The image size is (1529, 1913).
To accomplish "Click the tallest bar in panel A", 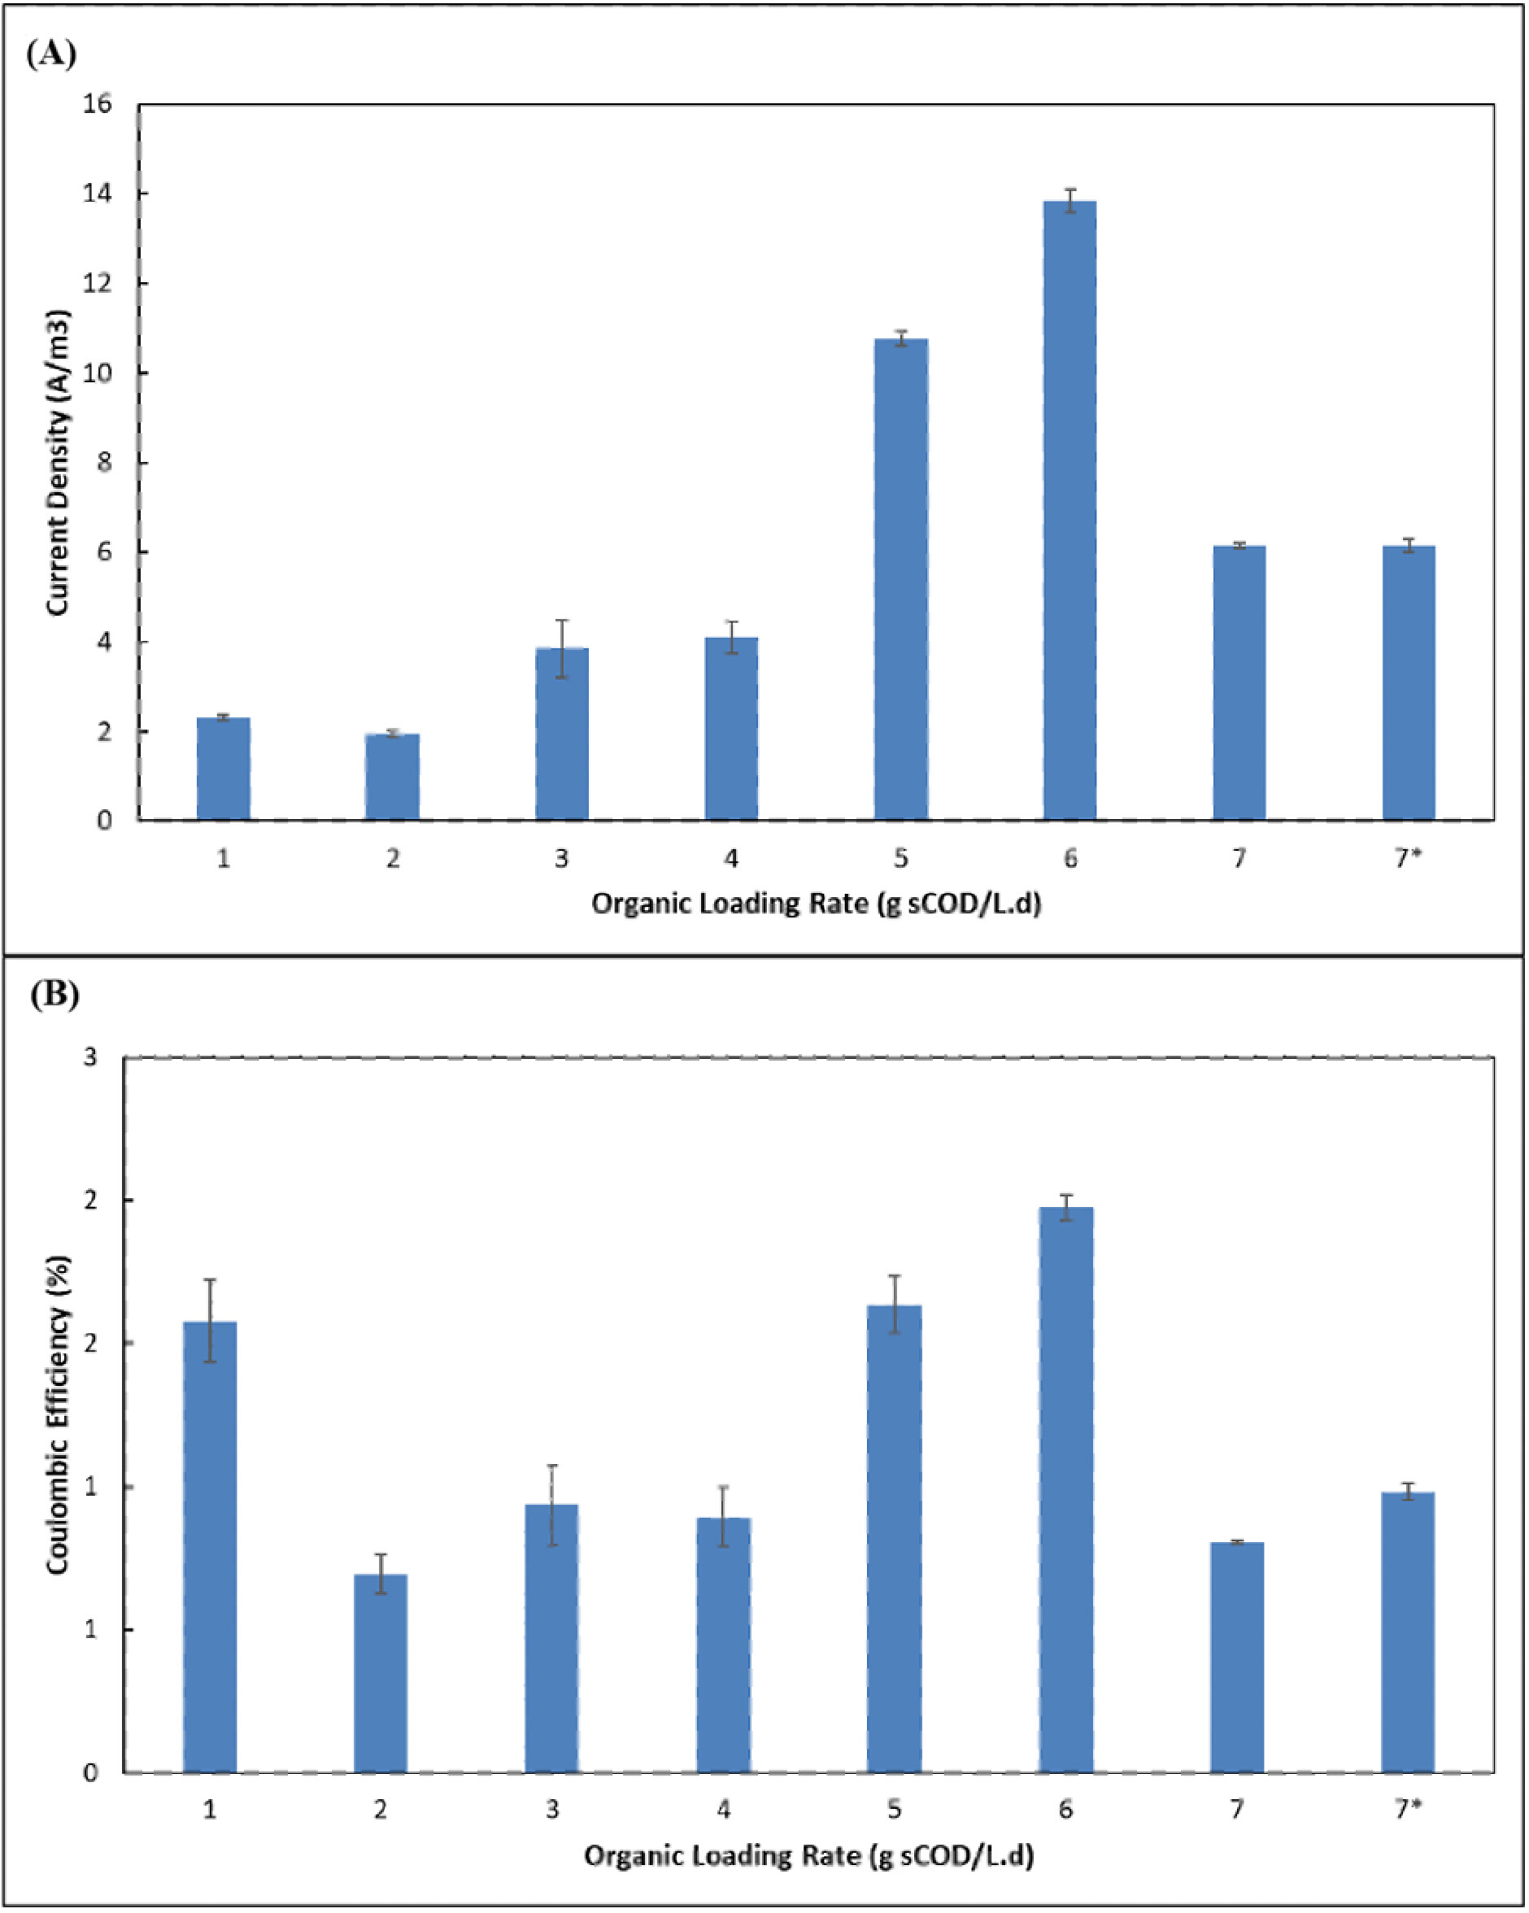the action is point(1070,510).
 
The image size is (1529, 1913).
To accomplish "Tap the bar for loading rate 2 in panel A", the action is point(392,778).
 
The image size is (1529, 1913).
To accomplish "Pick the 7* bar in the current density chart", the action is point(1409,683).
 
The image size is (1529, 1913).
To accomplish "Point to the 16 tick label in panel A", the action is point(98,104).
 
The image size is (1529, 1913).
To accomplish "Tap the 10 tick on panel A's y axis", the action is point(98,373).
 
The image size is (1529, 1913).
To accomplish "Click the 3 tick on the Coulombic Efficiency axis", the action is point(90,1057).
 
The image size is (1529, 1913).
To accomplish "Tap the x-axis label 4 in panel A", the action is point(731,859).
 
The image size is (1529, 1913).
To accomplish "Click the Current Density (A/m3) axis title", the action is point(58,462).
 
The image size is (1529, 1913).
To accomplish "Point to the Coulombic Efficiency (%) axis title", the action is point(58,1416).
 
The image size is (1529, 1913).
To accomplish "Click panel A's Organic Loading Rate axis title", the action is point(816,904).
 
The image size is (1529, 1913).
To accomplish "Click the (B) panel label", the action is point(54,994).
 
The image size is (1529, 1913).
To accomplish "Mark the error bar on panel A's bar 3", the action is point(562,648).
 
